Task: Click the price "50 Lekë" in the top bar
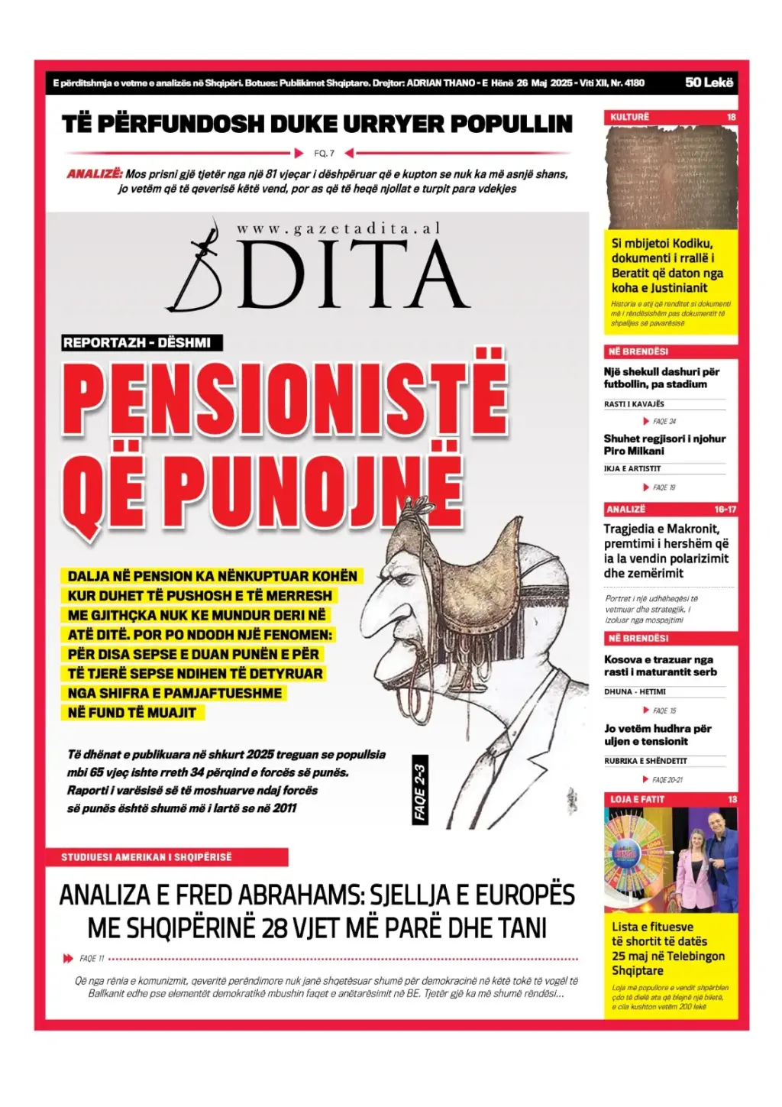tap(709, 82)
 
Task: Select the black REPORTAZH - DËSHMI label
tap(141, 342)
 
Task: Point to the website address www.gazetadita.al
tap(338, 228)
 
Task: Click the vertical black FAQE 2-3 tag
tap(419, 792)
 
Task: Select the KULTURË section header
tap(630, 117)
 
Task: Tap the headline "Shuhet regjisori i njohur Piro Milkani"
tap(664, 445)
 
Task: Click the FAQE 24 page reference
tap(664, 421)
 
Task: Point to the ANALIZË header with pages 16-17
tap(671, 509)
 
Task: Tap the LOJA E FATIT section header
tap(638, 799)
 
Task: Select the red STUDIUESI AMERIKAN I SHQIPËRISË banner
tap(167, 857)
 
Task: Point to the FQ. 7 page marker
tap(325, 154)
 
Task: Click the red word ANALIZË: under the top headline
tap(95, 173)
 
